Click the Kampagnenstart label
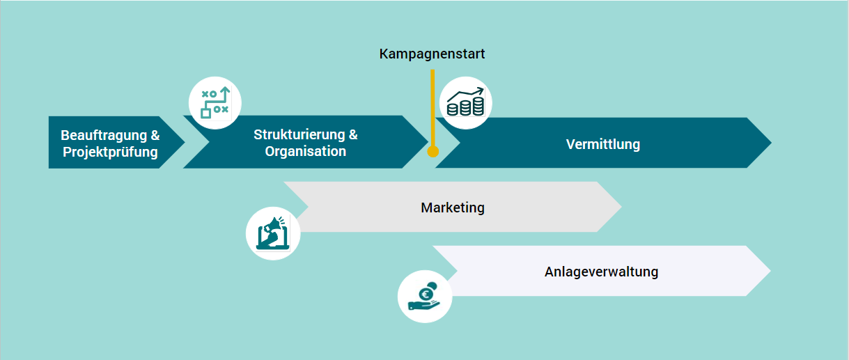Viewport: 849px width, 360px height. point(432,54)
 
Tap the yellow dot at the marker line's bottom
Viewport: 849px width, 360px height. point(433,151)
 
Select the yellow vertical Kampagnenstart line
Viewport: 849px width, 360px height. point(433,104)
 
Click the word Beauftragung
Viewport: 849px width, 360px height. point(104,135)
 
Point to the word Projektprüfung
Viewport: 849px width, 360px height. point(110,152)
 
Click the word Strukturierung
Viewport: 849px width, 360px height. point(299,134)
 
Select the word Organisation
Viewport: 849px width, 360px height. point(305,151)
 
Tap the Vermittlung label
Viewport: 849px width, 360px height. point(602,145)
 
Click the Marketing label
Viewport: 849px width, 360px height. point(453,208)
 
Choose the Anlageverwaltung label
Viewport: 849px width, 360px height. point(601,272)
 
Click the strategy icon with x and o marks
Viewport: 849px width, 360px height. point(215,102)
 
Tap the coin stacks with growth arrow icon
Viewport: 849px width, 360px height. point(465,103)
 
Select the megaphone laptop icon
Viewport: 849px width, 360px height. point(273,233)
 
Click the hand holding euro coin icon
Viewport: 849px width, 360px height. point(425,295)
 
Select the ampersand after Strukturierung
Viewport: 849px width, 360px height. point(353,134)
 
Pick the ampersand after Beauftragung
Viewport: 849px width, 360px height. point(155,135)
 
